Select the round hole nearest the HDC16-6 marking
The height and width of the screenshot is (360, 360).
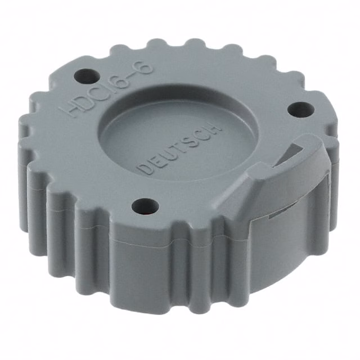tap(87, 76)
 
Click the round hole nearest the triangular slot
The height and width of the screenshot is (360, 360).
tap(301, 110)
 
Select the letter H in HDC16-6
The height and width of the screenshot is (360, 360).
tap(68, 109)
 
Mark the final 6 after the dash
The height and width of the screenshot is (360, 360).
tap(145, 67)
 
